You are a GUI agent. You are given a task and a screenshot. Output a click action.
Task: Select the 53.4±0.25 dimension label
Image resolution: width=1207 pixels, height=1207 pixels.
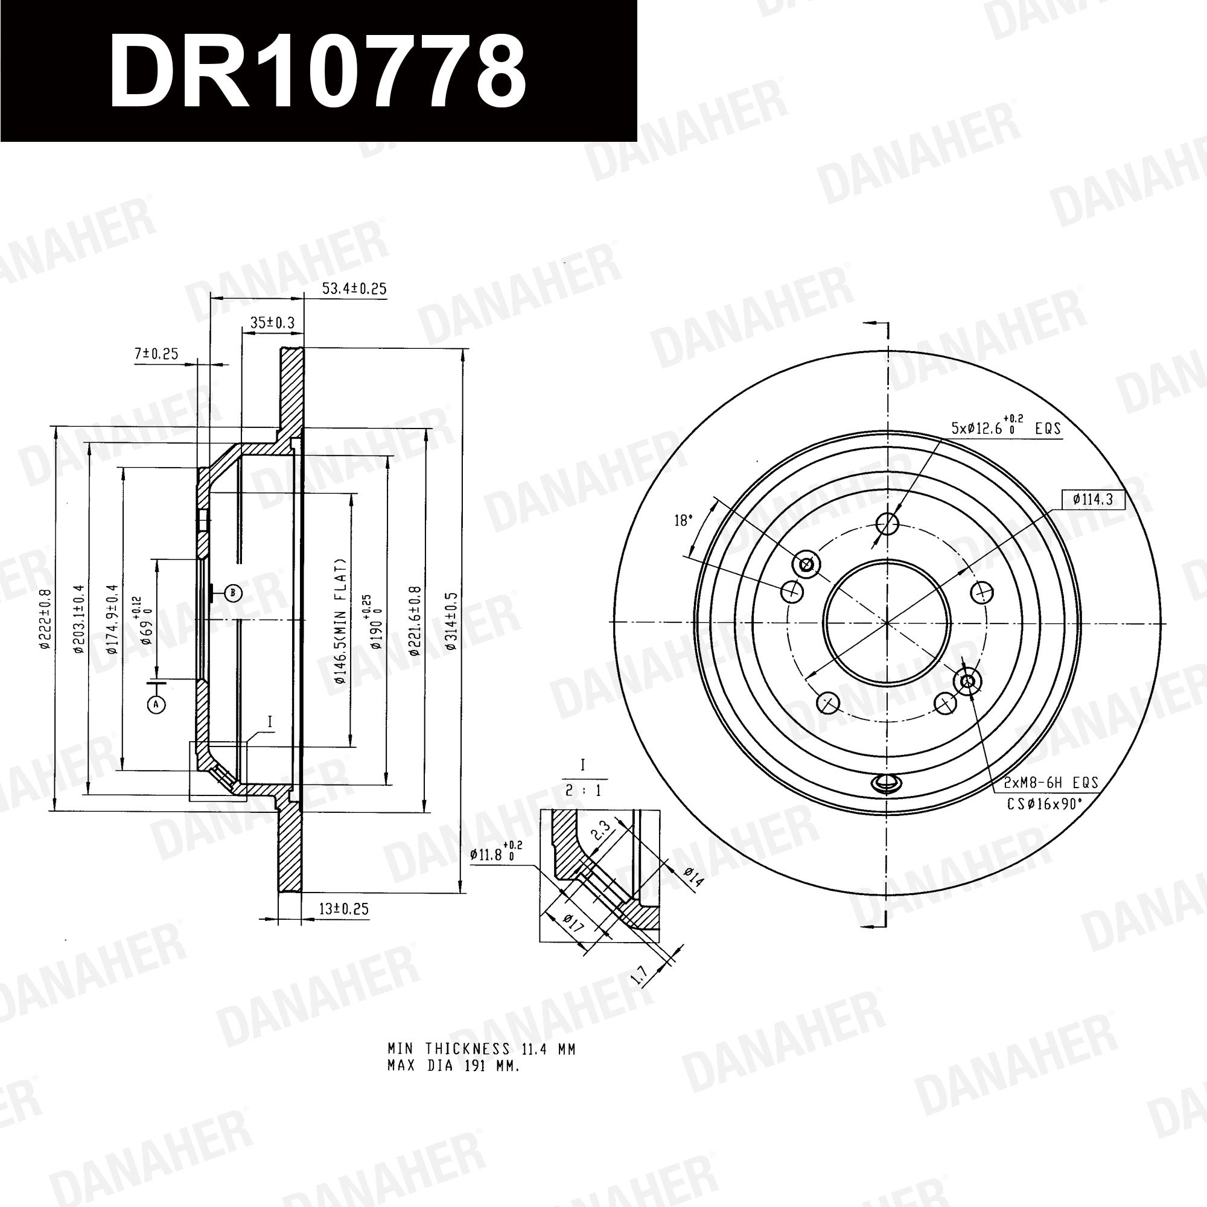pyautogui.click(x=354, y=288)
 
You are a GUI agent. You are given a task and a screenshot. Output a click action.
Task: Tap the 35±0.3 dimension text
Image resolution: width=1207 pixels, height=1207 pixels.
pyautogui.click(x=272, y=322)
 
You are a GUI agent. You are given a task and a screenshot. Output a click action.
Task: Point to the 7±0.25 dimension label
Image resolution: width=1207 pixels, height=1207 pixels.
pyautogui.click(x=156, y=354)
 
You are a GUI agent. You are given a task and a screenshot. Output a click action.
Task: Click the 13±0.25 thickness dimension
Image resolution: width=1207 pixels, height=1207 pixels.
pyautogui.click(x=343, y=909)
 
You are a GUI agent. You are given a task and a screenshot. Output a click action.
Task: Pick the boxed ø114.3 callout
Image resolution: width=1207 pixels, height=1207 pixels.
pyautogui.click(x=1094, y=499)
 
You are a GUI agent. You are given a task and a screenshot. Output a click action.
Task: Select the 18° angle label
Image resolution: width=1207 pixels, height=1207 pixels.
pyautogui.click(x=684, y=520)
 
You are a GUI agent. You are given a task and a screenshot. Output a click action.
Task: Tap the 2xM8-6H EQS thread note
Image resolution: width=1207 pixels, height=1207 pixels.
pyautogui.click(x=1051, y=783)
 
